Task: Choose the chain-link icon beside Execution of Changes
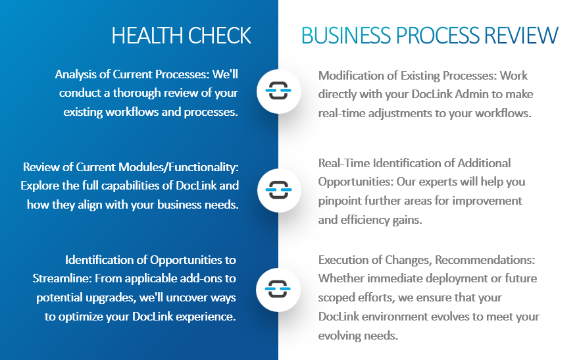point(278,288)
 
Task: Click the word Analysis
point(76,74)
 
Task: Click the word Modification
point(349,75)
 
